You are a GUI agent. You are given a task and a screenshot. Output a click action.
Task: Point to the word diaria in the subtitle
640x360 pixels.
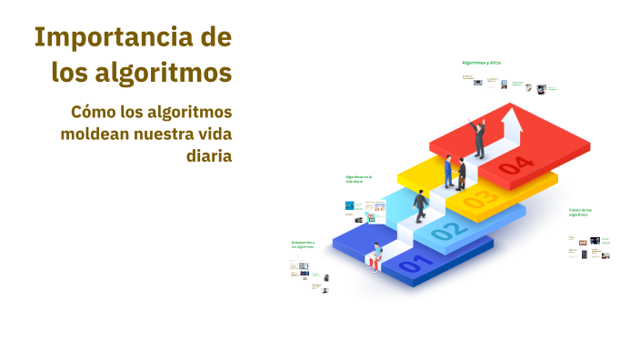[209, 155]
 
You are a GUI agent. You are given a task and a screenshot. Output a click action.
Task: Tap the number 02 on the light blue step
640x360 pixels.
[445, 232]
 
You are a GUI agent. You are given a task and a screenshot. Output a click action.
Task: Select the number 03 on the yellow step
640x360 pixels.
[479, 197]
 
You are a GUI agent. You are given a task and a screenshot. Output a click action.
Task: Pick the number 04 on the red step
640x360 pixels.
[515, 165]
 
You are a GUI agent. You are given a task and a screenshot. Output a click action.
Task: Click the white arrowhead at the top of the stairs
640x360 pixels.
[515, 119]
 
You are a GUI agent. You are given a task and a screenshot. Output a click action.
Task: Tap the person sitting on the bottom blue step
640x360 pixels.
[375, 256]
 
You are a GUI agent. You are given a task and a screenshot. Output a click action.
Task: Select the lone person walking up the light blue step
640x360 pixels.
[421, 206]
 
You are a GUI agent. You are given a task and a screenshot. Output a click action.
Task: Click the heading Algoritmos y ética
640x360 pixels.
[481, 63]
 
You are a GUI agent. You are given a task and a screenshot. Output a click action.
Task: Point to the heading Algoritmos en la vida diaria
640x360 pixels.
[358, 179]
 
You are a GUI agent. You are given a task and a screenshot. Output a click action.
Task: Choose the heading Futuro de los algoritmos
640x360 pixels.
[581, 213]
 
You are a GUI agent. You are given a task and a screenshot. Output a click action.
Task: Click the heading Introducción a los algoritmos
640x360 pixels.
[303, 245]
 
